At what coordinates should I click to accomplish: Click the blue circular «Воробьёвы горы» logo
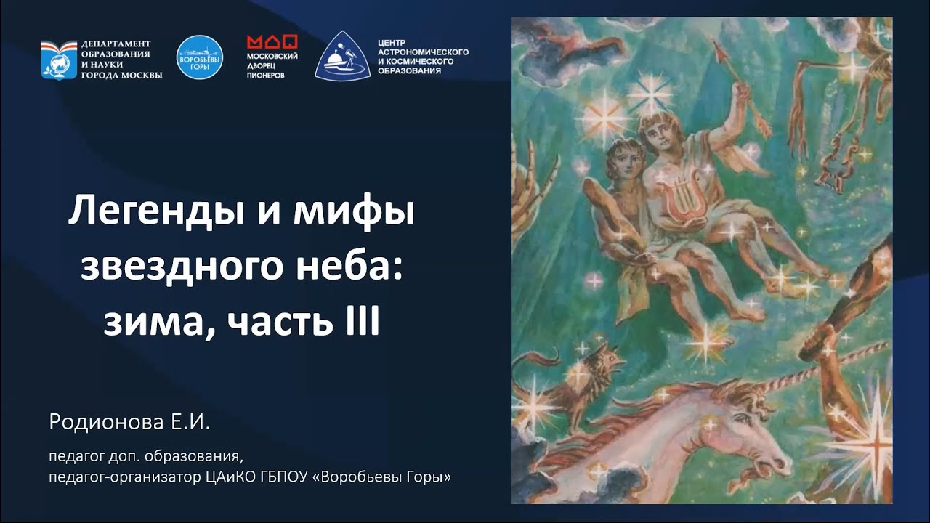(200, 57)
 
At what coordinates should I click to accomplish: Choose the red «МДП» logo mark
(272, 42)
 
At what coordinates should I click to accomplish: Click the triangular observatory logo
(342, 57)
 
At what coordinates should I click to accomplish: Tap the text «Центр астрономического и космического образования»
(423, 57)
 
